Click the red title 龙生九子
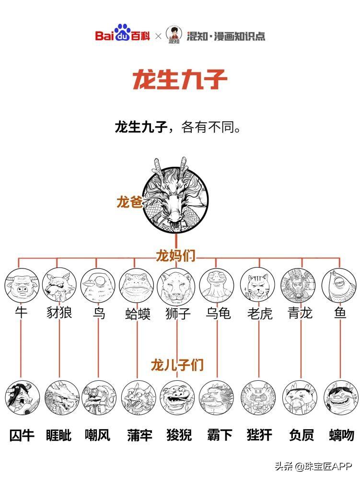tap(180, 80)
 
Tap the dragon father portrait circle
tap(175, 200)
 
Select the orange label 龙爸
tap(129, 202)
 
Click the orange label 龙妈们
tap(175, 256)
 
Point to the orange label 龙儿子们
tap(177, 364)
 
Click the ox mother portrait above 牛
tap(22, 285)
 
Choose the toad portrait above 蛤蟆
tap(136, 285)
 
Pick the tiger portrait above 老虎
tap(258, 285)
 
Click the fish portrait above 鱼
tap(339, 285)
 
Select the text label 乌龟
tap(218, 313)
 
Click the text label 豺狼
tap(59, 313)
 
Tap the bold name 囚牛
tap(22, 435)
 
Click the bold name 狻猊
tap(179, 435)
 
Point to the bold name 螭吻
tap(342, 435)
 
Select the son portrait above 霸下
tap(216, 397)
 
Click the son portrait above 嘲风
tap(99, 397)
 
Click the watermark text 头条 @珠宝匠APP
tap(314, 466)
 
